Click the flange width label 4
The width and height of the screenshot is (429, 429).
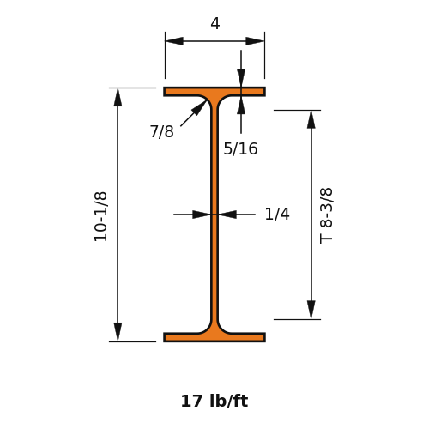[215, 23]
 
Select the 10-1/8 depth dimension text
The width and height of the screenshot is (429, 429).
[100, 217]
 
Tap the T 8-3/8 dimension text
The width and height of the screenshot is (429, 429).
[326, 215]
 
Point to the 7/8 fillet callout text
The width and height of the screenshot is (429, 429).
[162, 131]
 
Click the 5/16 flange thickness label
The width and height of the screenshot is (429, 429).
[240, 148]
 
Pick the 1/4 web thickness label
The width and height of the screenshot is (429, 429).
[277, 214]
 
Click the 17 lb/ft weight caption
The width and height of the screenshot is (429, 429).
[214, 401]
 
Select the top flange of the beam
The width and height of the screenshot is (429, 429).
[214, 92]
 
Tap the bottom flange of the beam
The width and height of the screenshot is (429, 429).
[214, 337]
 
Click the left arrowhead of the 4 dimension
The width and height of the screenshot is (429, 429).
[174, 41]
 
